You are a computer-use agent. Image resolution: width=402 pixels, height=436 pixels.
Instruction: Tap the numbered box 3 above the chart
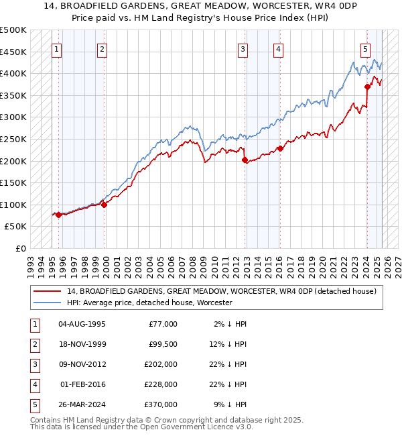(242, 48)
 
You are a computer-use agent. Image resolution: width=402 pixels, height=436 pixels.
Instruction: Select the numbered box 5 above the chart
(365, 48)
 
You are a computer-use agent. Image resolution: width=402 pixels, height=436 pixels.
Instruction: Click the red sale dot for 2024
(367, 87)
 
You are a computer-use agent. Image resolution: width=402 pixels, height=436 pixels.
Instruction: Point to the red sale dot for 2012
(245, 160)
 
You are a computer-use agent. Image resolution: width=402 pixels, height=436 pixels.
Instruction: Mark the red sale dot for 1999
(104, 205)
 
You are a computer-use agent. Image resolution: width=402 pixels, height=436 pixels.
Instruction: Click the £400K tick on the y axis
(13, 73)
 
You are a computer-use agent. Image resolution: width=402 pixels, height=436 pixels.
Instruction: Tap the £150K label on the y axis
(13, 182)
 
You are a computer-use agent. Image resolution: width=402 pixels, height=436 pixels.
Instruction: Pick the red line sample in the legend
(47, 292)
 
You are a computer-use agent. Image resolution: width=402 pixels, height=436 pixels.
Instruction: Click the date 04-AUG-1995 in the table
(82, 324)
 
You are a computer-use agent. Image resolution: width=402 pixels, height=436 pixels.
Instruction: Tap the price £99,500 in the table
(162, 344)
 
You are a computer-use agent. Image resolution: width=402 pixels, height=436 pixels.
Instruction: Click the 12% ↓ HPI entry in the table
(228, 344)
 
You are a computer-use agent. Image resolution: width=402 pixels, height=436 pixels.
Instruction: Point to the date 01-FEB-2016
(82, 384)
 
